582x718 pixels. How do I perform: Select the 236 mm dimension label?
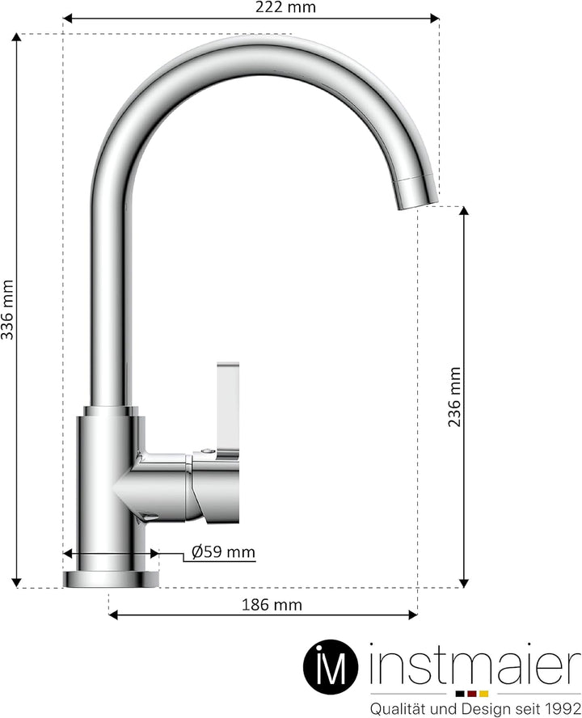click(x=454, y=396)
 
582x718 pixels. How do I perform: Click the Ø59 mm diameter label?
click(x=223, y=553)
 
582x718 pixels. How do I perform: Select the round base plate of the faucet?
click(x=112, y=578)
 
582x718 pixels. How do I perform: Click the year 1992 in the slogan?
click(x=563, y=707)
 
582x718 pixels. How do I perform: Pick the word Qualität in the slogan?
click(x=395, y=707)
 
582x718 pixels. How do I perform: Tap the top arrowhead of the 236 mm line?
click(x=463, y=213)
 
